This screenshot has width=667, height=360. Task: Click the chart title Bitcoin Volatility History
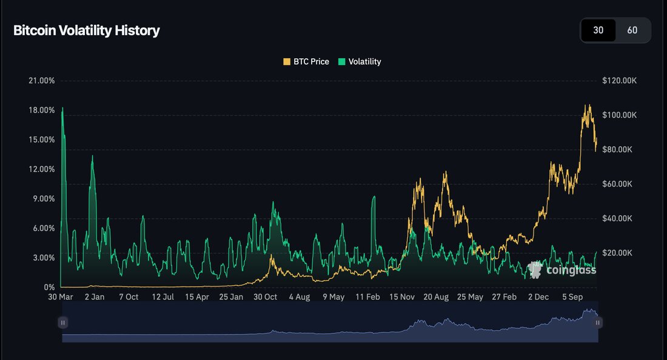click(87, 30)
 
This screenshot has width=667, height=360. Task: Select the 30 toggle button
click(598, 30)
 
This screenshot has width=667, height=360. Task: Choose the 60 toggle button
click(632, 30)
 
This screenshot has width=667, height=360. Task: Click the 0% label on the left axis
click(49, 287)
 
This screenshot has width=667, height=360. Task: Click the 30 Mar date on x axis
click(61, 298)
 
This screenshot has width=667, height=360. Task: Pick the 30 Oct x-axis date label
click(265, 298)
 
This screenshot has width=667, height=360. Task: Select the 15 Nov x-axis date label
click(402, 298)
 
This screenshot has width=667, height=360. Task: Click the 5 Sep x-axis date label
click(573, 298)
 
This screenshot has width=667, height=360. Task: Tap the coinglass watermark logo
click(562, 270)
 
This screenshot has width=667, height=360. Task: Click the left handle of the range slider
click(63, 323)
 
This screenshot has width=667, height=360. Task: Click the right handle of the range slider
click(598, 323)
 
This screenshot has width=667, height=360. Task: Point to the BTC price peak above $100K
click(586, 106)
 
